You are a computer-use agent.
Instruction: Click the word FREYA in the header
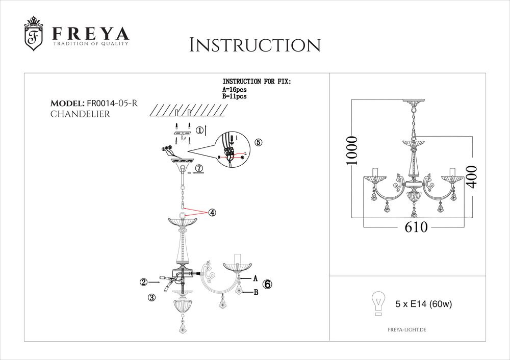coord(90,34)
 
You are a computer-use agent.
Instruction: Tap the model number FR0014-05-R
coord(113,104)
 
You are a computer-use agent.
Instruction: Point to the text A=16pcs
coord(235,90)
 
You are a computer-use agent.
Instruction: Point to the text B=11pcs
coord(235,96)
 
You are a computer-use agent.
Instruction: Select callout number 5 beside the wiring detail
coord(258,143)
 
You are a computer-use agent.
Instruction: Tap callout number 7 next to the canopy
coord(199,168)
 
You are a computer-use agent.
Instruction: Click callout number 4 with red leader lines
coord(211,213)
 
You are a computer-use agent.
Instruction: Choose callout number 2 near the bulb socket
coord(145,281)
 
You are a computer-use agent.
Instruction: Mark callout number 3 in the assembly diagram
coord(151,299)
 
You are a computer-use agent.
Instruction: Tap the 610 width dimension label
coord(416,228)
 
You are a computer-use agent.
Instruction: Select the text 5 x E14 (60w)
coord(424,304)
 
